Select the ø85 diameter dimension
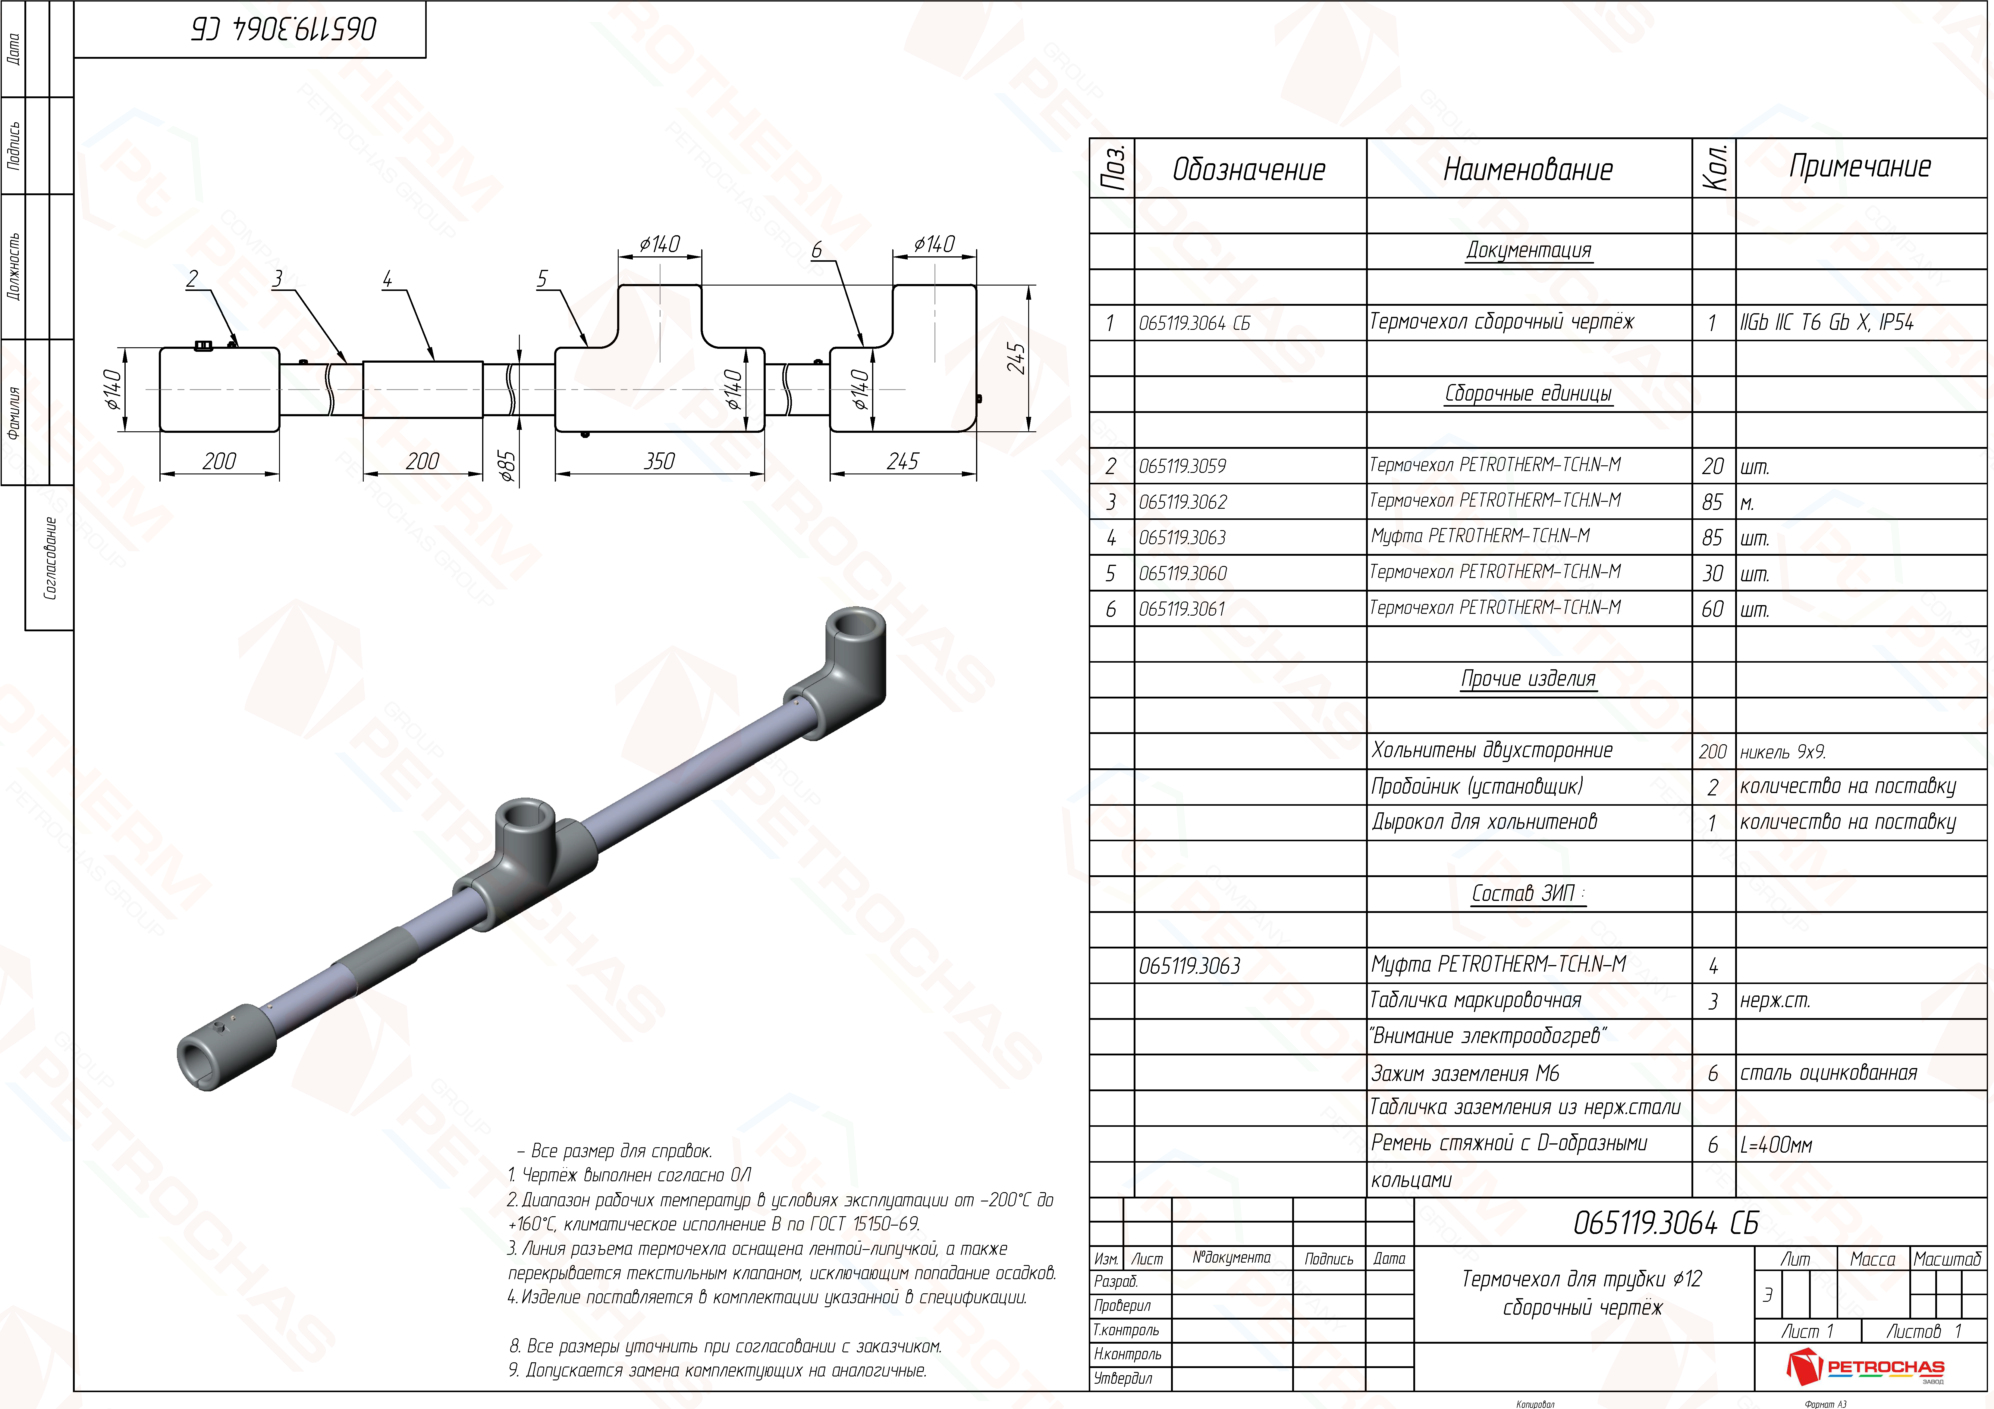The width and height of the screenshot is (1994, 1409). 508,466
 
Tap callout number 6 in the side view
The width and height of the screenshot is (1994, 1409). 816,250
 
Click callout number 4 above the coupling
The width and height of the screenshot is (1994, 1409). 387,279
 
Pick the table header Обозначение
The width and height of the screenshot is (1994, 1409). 1249,169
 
